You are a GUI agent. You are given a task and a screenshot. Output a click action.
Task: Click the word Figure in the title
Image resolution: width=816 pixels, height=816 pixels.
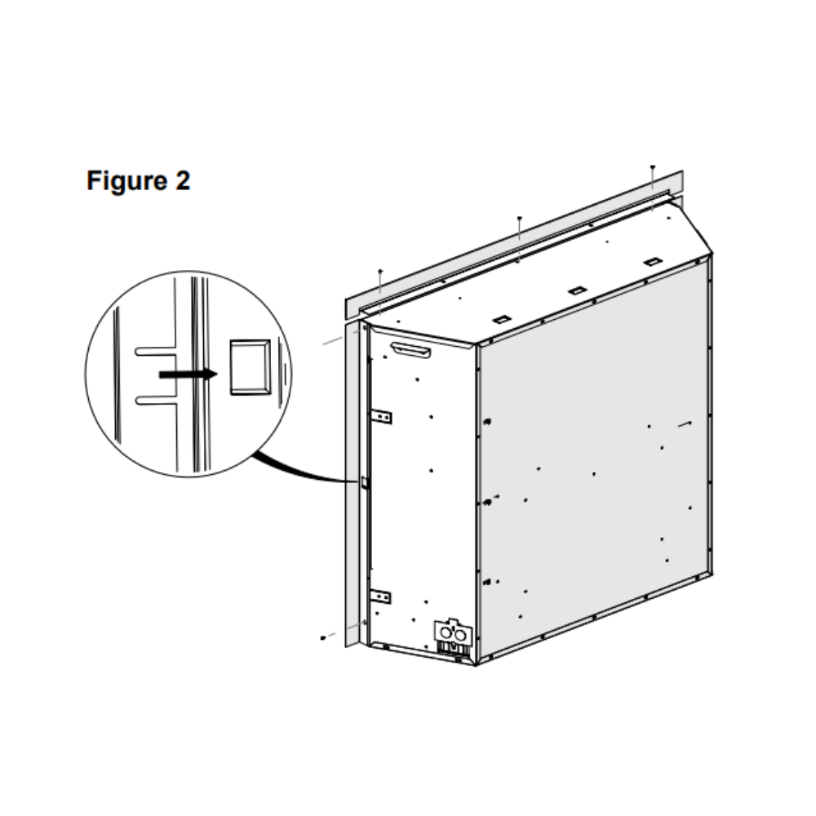tap(126, 181)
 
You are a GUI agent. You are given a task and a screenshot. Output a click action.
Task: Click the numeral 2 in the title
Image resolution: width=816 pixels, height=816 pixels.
tap(183, 180)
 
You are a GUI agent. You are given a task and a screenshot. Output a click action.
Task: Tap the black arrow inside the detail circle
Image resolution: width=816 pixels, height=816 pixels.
tap(188, 375)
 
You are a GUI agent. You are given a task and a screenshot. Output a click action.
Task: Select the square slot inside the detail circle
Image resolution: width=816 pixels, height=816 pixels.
tap(251, 367)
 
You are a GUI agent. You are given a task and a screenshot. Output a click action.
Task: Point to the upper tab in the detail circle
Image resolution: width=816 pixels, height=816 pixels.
tap(155, 351)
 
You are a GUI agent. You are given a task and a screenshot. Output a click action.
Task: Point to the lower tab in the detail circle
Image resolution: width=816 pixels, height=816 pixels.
tap(155, 400)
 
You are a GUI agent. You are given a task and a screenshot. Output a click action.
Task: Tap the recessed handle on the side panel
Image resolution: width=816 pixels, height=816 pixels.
tap(410, 350)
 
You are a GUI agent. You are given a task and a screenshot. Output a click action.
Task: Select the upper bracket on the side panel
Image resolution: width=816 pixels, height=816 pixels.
tap(381, 416)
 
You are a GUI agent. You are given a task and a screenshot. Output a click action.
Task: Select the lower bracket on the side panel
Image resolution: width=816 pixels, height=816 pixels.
tap(381, 596)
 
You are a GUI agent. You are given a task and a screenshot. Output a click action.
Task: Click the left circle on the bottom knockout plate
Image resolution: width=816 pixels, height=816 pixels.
tap(446, 633)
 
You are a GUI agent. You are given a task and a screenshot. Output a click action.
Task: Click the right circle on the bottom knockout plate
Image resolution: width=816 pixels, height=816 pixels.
tap(460, 635)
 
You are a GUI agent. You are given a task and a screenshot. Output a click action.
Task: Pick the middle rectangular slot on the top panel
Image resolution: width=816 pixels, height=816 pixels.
tap(577, 290)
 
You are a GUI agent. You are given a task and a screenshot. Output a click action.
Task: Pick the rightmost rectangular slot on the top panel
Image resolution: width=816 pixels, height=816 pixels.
tap(653, 262)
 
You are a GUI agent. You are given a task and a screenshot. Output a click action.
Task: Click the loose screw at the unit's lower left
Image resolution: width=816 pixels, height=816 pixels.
tap(323, 637)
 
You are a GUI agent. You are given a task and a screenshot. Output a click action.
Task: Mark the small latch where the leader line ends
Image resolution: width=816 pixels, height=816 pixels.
tap(364, 483)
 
